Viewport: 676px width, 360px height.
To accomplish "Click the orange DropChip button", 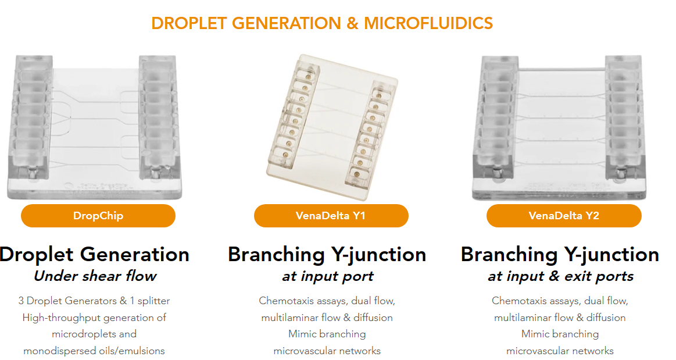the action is tap(98, 216).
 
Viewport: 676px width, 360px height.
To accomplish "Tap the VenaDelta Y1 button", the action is tap(331, 216).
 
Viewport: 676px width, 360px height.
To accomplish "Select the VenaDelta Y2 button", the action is tap(564, 216).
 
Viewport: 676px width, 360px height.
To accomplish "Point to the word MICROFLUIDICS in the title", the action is tap(428, 23).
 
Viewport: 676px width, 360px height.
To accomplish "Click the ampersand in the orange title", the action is tap(352, 23).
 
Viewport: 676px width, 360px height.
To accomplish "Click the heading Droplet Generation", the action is tap(94, 254).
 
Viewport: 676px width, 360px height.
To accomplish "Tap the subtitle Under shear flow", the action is tap(95, 276).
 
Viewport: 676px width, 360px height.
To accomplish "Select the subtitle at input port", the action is tap(328, 276).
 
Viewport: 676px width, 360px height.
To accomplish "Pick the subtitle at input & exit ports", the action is tap(560, 276).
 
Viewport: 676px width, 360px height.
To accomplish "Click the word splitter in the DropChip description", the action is tap(154, 301).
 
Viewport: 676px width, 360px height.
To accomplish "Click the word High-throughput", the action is tap(54, 318).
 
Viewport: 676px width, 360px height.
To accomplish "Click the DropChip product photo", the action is tap(94, 127).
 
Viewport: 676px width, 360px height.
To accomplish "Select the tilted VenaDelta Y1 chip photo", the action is tap(332, 127).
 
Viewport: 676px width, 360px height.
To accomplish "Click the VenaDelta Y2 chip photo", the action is tap(560, 128).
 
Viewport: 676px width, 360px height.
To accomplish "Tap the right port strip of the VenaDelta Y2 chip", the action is tap(624, 116).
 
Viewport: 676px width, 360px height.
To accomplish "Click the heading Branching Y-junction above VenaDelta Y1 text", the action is tap(327, 254).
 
